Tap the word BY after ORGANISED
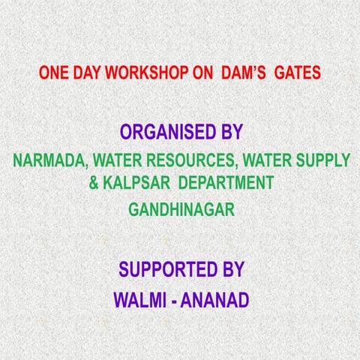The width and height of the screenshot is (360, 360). [228, 133]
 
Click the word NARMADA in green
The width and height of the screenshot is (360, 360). [45, 160]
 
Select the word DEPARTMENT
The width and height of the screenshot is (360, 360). [223, 182]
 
